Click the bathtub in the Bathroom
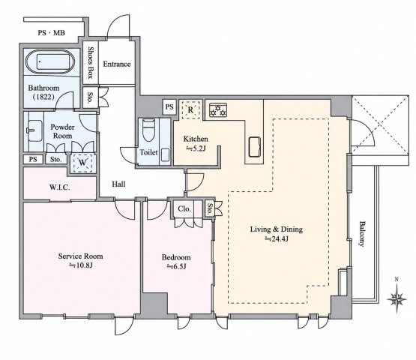(x=50, y=61)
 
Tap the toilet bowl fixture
(x=148, y=130)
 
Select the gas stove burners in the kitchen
(x=218, y=110)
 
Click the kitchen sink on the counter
(x=254, y=147)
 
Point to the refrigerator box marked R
(x=190, y=109)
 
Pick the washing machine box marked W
(x=82, y=163)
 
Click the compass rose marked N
(x=397, y=296)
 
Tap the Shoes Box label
(x=91, y=63)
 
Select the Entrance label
(x=117, y=64)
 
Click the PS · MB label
(x=51, y=33)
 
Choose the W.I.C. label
(x=60, y=187)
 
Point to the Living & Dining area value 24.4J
(x=277, y=238)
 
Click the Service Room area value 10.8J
(x=81, y=265)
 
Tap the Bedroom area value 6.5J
(x=176, y=266)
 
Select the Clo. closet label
(x=184, y=208)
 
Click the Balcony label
(x=361, y=234)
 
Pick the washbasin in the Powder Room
(x=34, y=131)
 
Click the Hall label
(x=118, y=184)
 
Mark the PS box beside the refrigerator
(x=169, y=107)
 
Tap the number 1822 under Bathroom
(x=43, y=97)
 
